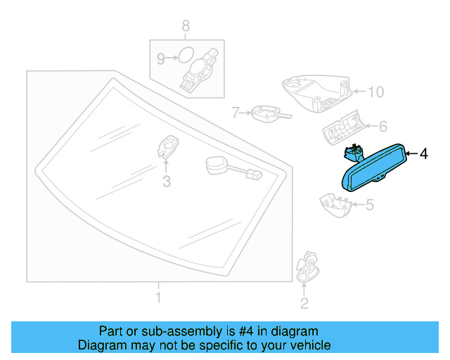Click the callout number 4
423,153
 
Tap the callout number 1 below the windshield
158,298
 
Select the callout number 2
304,304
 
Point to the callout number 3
167,182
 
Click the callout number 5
369,205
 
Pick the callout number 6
383,127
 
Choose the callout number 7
237,112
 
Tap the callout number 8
186,27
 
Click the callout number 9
160,59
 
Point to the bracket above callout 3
167,146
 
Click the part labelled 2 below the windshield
305,268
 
